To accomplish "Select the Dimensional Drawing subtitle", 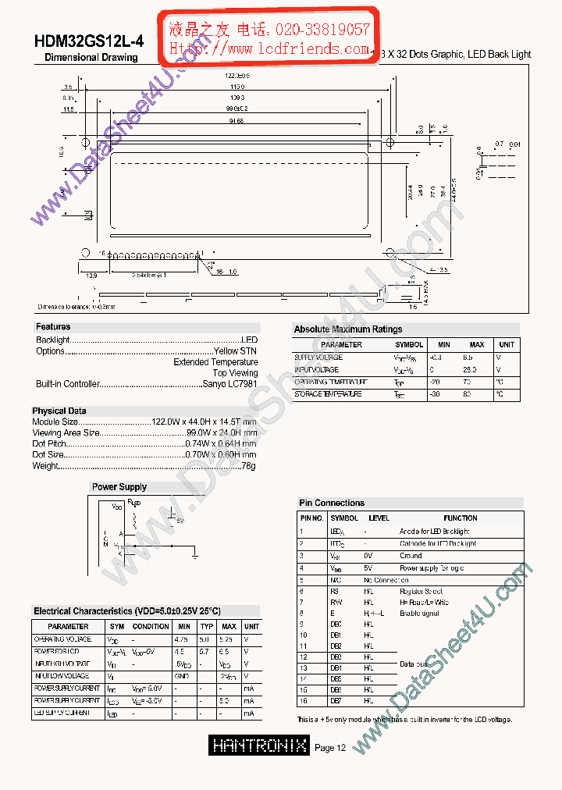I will point(91,58).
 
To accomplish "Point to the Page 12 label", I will point(330,748).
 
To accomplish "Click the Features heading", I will point(53,327).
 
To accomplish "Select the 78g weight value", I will point(249,466).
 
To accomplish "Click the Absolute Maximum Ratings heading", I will point(348,329).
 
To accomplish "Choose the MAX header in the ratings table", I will point(476,344).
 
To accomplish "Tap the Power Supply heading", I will point(119,487).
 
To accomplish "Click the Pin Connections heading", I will point(332,503).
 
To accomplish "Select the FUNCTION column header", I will point(461,518).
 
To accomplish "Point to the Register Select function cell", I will point(421,592).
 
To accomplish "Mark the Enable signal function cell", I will point(420,614).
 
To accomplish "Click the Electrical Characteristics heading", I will point(126,611).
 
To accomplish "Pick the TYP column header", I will point(207,626).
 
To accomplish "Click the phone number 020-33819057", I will point(322,30).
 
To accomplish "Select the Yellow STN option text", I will point(237,351).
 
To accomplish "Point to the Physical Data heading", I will point(59,411).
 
